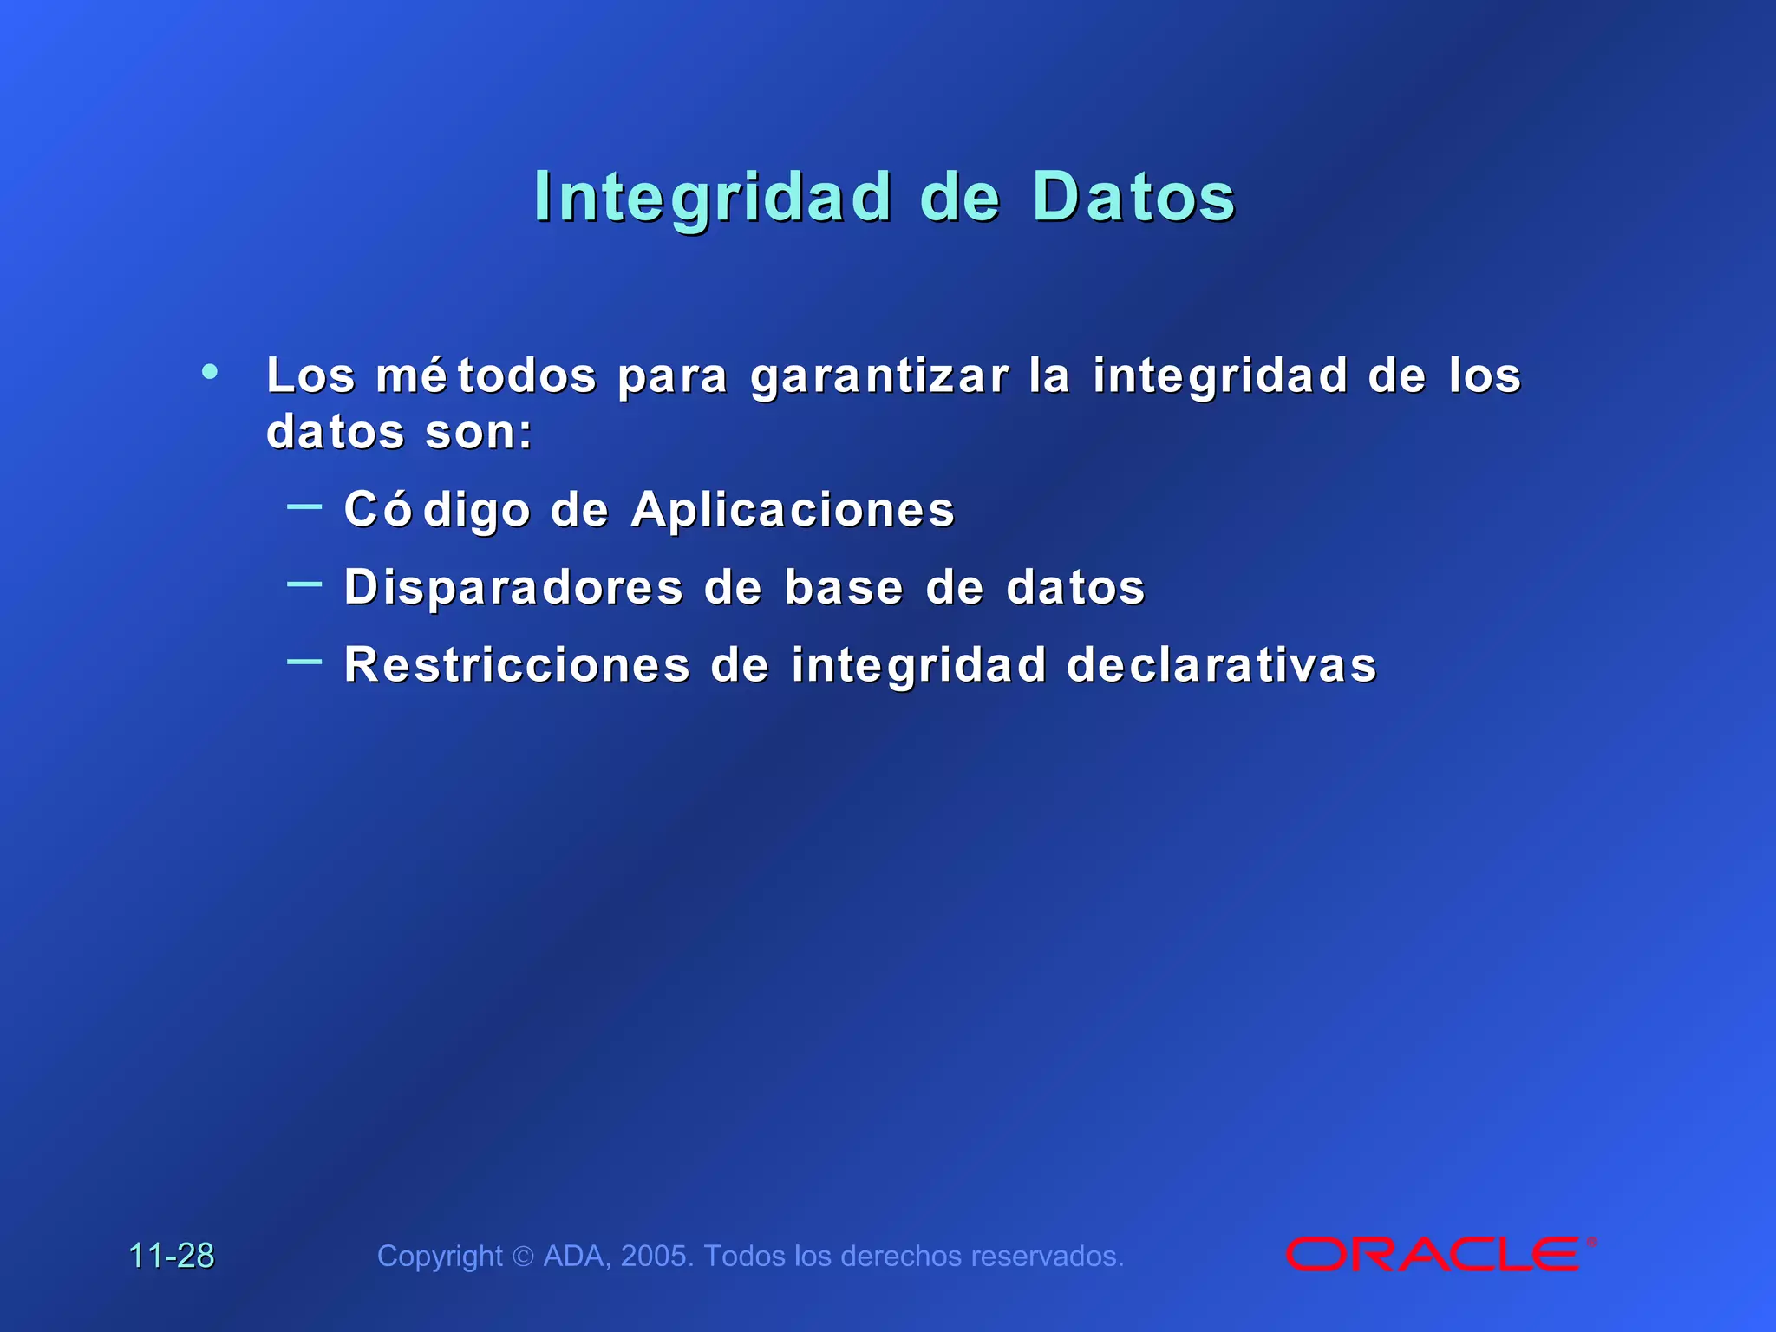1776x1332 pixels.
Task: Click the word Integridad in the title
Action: [x=713, y=198]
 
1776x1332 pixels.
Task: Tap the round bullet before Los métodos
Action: [x=210, y=372]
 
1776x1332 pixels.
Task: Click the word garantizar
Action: [x=879, y=377]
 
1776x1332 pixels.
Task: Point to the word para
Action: [x=672, y=377]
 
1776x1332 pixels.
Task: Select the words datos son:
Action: [x=399, y=432]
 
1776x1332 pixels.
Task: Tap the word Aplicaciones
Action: [x=793, y=510]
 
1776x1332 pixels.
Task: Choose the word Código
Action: [x=436, y=510]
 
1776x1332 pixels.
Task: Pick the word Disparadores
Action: [x=513, y=588]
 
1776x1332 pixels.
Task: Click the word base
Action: [x=844, y=588]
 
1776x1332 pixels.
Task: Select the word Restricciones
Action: [x=517, y=666]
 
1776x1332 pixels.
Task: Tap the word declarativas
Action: [x=1221, y=666]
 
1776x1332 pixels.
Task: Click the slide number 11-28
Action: [x=172, y=1256]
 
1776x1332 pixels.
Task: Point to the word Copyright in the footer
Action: [x=440, y=1257]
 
